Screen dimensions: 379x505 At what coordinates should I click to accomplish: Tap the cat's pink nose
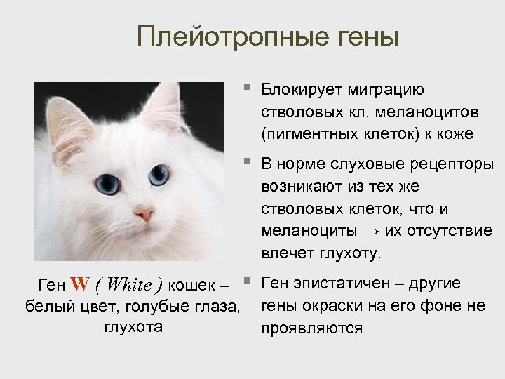(145, 213)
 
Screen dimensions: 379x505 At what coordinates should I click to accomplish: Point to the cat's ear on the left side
(70, 126)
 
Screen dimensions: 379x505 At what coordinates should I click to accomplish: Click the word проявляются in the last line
(312, 327)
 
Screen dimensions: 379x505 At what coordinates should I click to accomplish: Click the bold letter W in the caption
(80, 285)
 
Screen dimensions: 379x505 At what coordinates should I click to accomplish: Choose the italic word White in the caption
(130, 285)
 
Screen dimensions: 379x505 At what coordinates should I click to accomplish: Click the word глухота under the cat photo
(133, 326)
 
